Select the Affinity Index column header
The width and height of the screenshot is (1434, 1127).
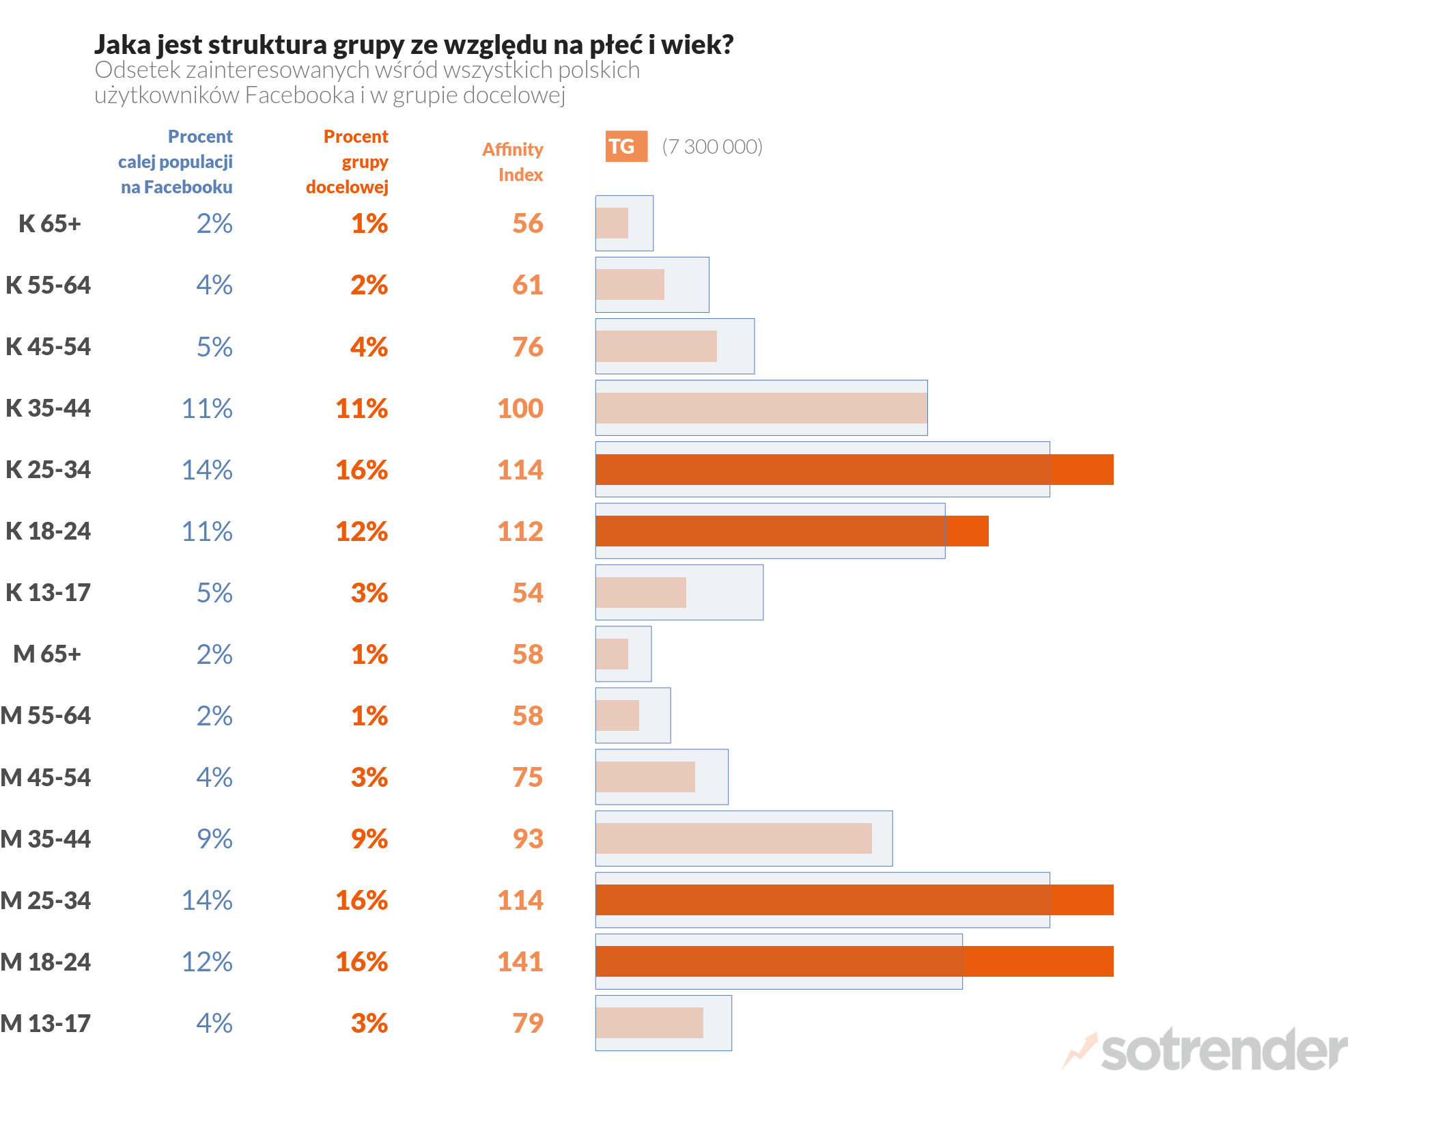click(x=513, y=162)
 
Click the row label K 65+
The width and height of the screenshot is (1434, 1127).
click(x=50, y=223)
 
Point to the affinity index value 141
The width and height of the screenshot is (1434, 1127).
click(x=520, y=962)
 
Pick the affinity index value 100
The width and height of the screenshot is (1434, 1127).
click(x=520, y=408)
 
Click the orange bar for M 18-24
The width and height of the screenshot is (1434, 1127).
click(x=854, y=961)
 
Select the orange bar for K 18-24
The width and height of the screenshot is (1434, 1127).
click(x=791, y=531)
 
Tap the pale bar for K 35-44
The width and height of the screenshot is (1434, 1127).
click(x=761, y=408)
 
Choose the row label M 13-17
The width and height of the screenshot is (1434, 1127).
click(x=46, y=1023)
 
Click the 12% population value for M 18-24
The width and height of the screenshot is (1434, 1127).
click(x=207, y=962)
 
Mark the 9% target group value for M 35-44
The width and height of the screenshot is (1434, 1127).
click(x=369, y=839)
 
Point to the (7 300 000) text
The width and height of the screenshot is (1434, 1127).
click(x=712, y=147)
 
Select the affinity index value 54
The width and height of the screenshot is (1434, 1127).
click(x=528, y=593)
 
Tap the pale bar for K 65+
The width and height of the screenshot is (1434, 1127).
click(x=612, y=223)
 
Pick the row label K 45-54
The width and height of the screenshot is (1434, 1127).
click(x=48, y=346)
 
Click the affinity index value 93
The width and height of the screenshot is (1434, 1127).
click(x=528, y=839)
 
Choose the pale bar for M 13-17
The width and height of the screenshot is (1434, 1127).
click(x=649, y=1022)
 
